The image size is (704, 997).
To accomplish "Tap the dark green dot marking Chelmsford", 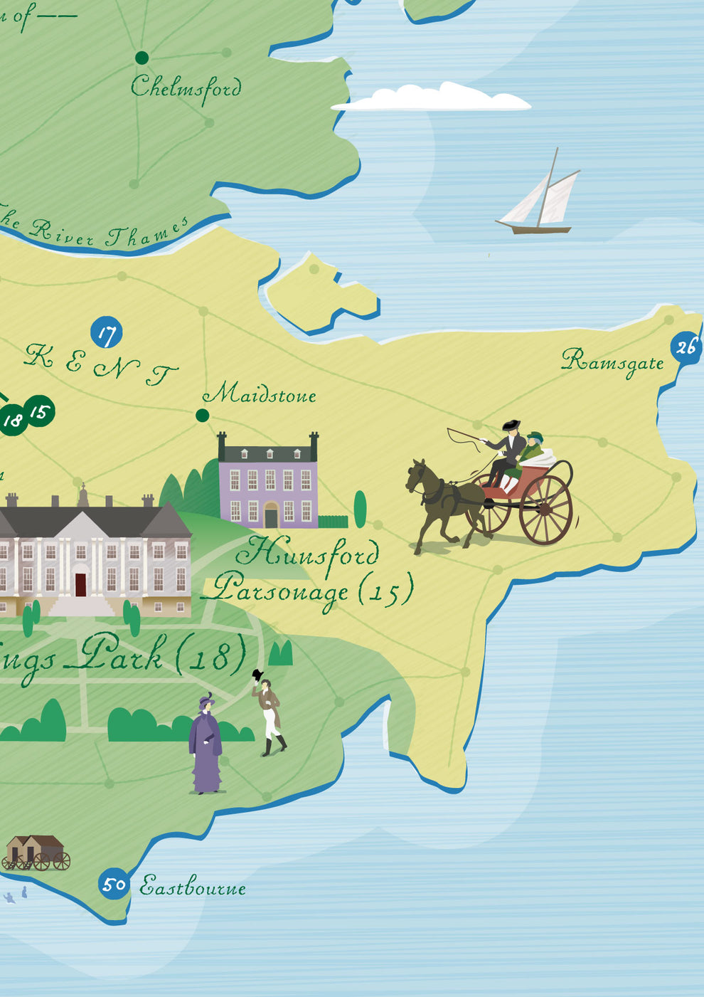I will [x=142, y=58].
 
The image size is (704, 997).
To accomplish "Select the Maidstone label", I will [x=260, y=394].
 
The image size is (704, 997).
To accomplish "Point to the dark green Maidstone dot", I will [x=202, y=415].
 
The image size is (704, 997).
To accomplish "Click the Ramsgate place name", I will [x=612, y=362].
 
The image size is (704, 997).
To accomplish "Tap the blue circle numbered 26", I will [x=686, y=347].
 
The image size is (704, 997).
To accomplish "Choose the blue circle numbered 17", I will [x=107, y=333].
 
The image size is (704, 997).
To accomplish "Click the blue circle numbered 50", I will [x=114, y=885].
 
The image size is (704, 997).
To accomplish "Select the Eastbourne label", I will [x=193, y=887].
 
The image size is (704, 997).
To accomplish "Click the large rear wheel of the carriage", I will [x=545, y=510].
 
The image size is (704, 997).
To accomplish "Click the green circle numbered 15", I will [x=40, y=411].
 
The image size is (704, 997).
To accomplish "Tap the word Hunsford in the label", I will [x=307, y=554].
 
